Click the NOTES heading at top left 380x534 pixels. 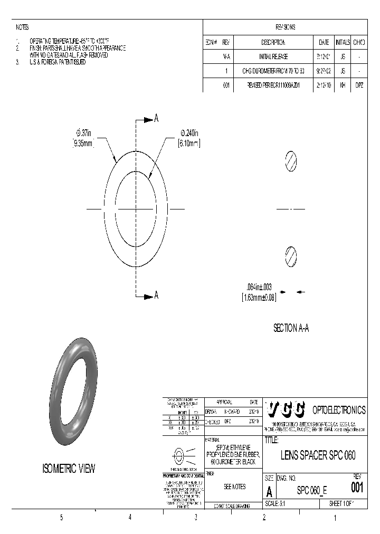pyautogui.click(x=22, y=27)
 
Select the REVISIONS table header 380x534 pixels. pyautogui.click(x=285, y=27)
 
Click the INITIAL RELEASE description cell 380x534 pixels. pyautogui.click(x=273, y=55)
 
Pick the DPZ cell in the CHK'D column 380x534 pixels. pyautogui.click(x=359, y=84)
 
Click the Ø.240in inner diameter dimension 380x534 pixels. pyautogui.click(x=183, y=133)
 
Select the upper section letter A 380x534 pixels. pyautogui.click(x=156, y=119)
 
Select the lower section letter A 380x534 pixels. pyautogui.click(x=156, y=295)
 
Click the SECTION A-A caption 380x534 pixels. pyautogui.click(x=291, y=328)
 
